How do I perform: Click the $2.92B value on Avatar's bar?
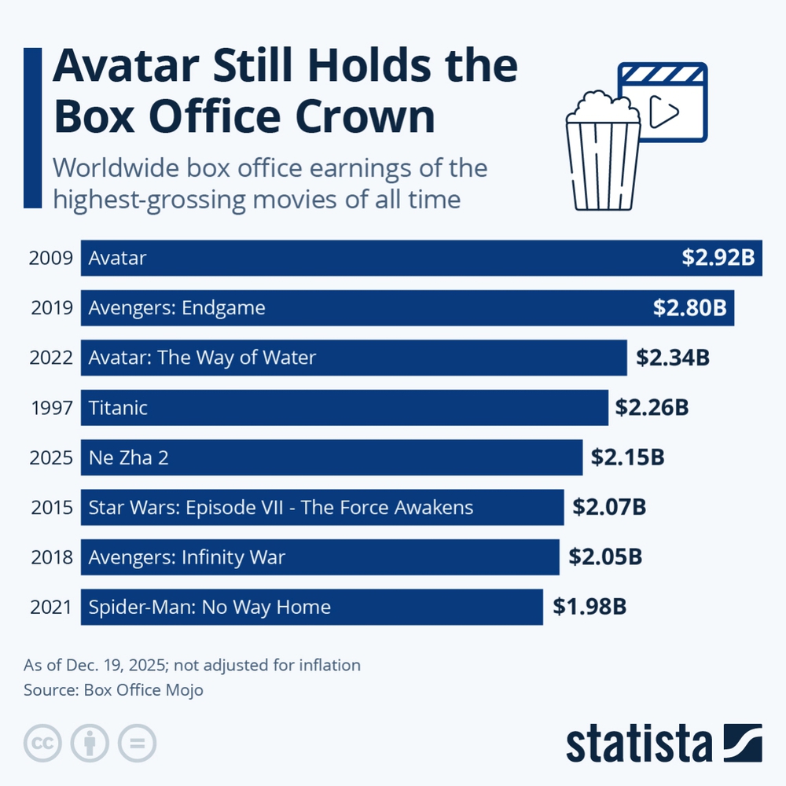[x=718, y=258]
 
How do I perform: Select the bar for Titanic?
[x=344, y=408]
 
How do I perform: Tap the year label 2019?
[x=52, y=308]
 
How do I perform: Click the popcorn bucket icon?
[x=603, y=152]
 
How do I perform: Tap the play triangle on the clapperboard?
[x=665, y=112]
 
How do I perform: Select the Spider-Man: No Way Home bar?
[x=311, y=607]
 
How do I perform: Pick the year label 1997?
[x=52, y=408]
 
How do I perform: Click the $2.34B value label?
[x=673, y=358]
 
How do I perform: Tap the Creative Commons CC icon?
[x=43, y=743]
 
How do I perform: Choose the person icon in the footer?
[x=90, y=743]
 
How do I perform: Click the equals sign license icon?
[x=138, y=743]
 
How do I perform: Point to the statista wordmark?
[x=638, y=744]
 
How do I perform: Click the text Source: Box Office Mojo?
[x=114, y=690]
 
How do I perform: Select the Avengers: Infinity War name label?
[x=186, y=557]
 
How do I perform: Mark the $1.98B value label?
[x=589, y=607]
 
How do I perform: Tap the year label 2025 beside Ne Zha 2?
[x=52, y=457]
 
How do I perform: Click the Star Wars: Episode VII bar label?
[x=281, y=507]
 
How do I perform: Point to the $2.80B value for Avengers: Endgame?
[x=689, y=308]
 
